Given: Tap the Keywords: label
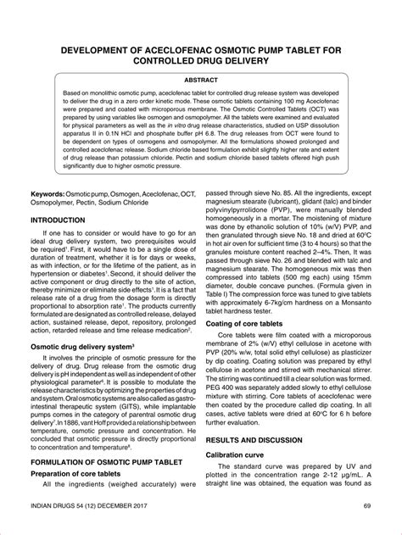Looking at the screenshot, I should coord(53,194).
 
